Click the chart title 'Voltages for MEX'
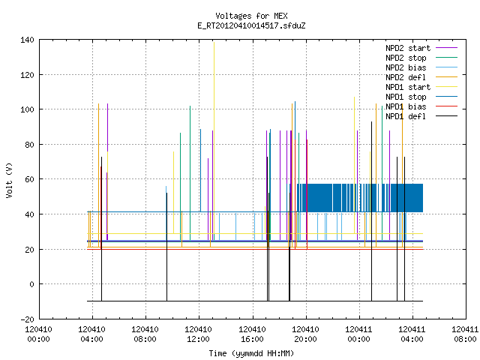point(251,16)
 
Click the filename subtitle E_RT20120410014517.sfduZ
point(251,25)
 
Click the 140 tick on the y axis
point(27,40)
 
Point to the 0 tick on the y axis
point(31,284)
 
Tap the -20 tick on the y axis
point(27,319)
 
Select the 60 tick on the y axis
point(29,179)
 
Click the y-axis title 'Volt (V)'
point(9,180)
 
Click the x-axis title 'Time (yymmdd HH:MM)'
point(251,353)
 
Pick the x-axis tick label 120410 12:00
point(198,334)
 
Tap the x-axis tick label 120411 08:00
point(465,334)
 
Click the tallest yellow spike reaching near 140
point(214,138)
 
